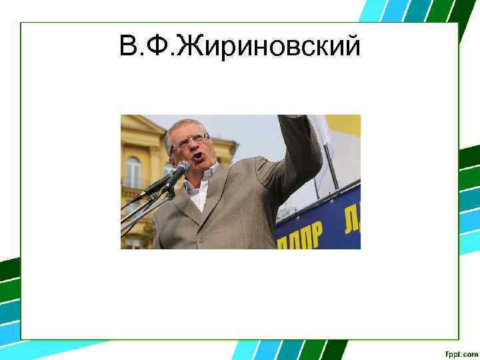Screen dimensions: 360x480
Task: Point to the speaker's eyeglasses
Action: tap(191, 141)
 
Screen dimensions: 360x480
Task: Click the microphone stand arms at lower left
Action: tap(137, 217)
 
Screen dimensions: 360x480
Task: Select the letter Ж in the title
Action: tap(191, 47)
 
